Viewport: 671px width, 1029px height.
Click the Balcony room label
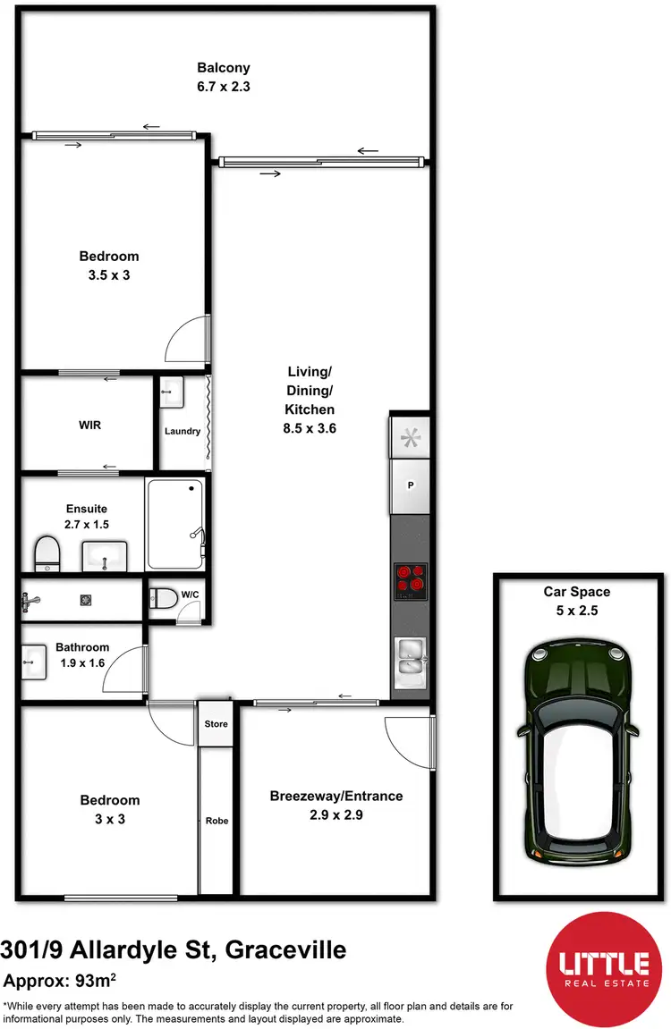pos(223,67)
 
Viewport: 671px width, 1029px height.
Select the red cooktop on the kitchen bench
pos(411,580)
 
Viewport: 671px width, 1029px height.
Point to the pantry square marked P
pos(411,485)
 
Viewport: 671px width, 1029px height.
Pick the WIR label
pos(89,425)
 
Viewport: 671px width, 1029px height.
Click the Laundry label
pos(182,431)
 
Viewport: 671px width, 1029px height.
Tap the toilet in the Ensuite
pos(47,554)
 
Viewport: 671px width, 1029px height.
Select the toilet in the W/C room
pos(165,600)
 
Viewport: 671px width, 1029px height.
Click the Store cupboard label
pos(216,724)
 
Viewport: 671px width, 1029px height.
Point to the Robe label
pos(217,820)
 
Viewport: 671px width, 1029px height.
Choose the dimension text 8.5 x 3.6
pos(310,428)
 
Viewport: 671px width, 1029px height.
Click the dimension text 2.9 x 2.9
pos(336,814)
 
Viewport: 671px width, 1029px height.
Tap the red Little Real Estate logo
pos(603,967)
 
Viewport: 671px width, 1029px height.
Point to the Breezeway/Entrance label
pos(336,796)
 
